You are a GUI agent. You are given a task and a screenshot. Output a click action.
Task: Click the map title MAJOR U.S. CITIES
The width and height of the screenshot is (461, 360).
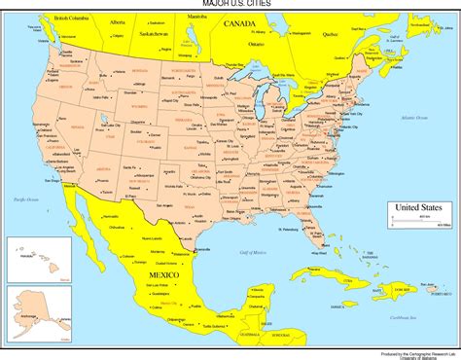click(x=230, y=5)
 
